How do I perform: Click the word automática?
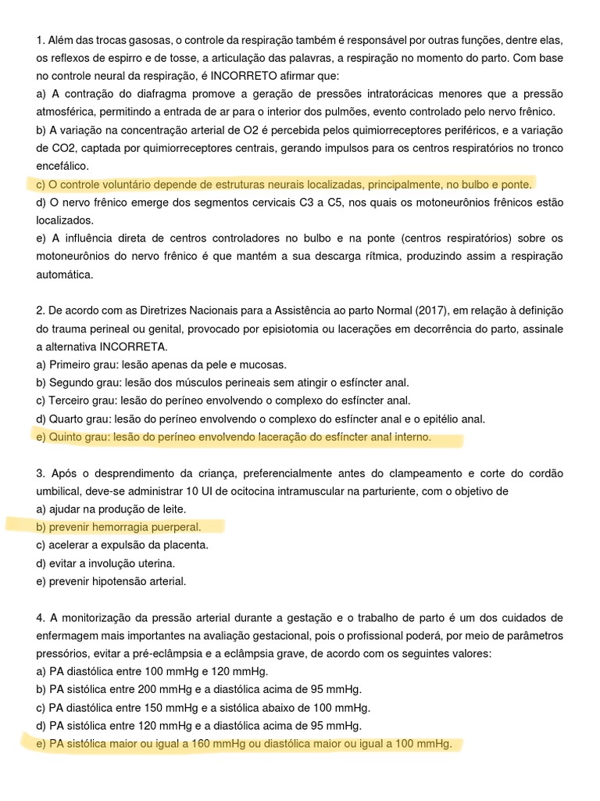(65, 275)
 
